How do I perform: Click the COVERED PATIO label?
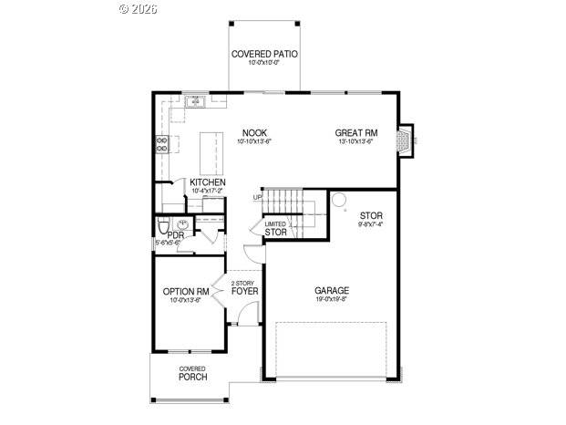[264, 55]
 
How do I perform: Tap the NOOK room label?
[254, 132]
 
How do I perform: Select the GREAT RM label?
[355, 132]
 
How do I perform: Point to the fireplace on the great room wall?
[406, 139]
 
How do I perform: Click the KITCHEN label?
[208, 182]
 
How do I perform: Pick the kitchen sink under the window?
[194, 102]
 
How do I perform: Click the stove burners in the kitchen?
[162, 142]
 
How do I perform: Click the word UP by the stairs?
[257, 197]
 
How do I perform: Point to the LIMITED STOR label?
[275, 229]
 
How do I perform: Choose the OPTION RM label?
[186, 292]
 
